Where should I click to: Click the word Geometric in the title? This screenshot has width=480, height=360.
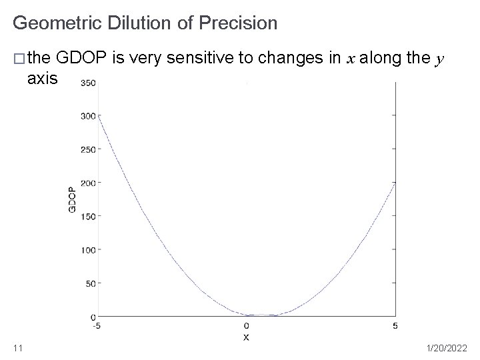(55, 24)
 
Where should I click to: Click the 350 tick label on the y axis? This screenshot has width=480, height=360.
(87, 83)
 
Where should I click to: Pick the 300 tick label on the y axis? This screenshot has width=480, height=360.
(87, 116)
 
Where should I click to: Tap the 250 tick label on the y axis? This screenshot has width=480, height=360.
(87, 149)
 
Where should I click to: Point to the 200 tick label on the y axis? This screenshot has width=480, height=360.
(87, 183)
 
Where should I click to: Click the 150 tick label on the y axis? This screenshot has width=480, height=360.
(87, 216)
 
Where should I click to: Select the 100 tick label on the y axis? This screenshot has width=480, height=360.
(87, 249)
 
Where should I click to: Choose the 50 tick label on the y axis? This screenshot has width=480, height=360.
(89, 283)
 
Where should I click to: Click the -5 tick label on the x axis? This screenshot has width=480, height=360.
(98, 325)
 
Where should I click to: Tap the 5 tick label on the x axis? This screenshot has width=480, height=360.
(395, 325)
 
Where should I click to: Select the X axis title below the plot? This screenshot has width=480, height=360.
(247, 337)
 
